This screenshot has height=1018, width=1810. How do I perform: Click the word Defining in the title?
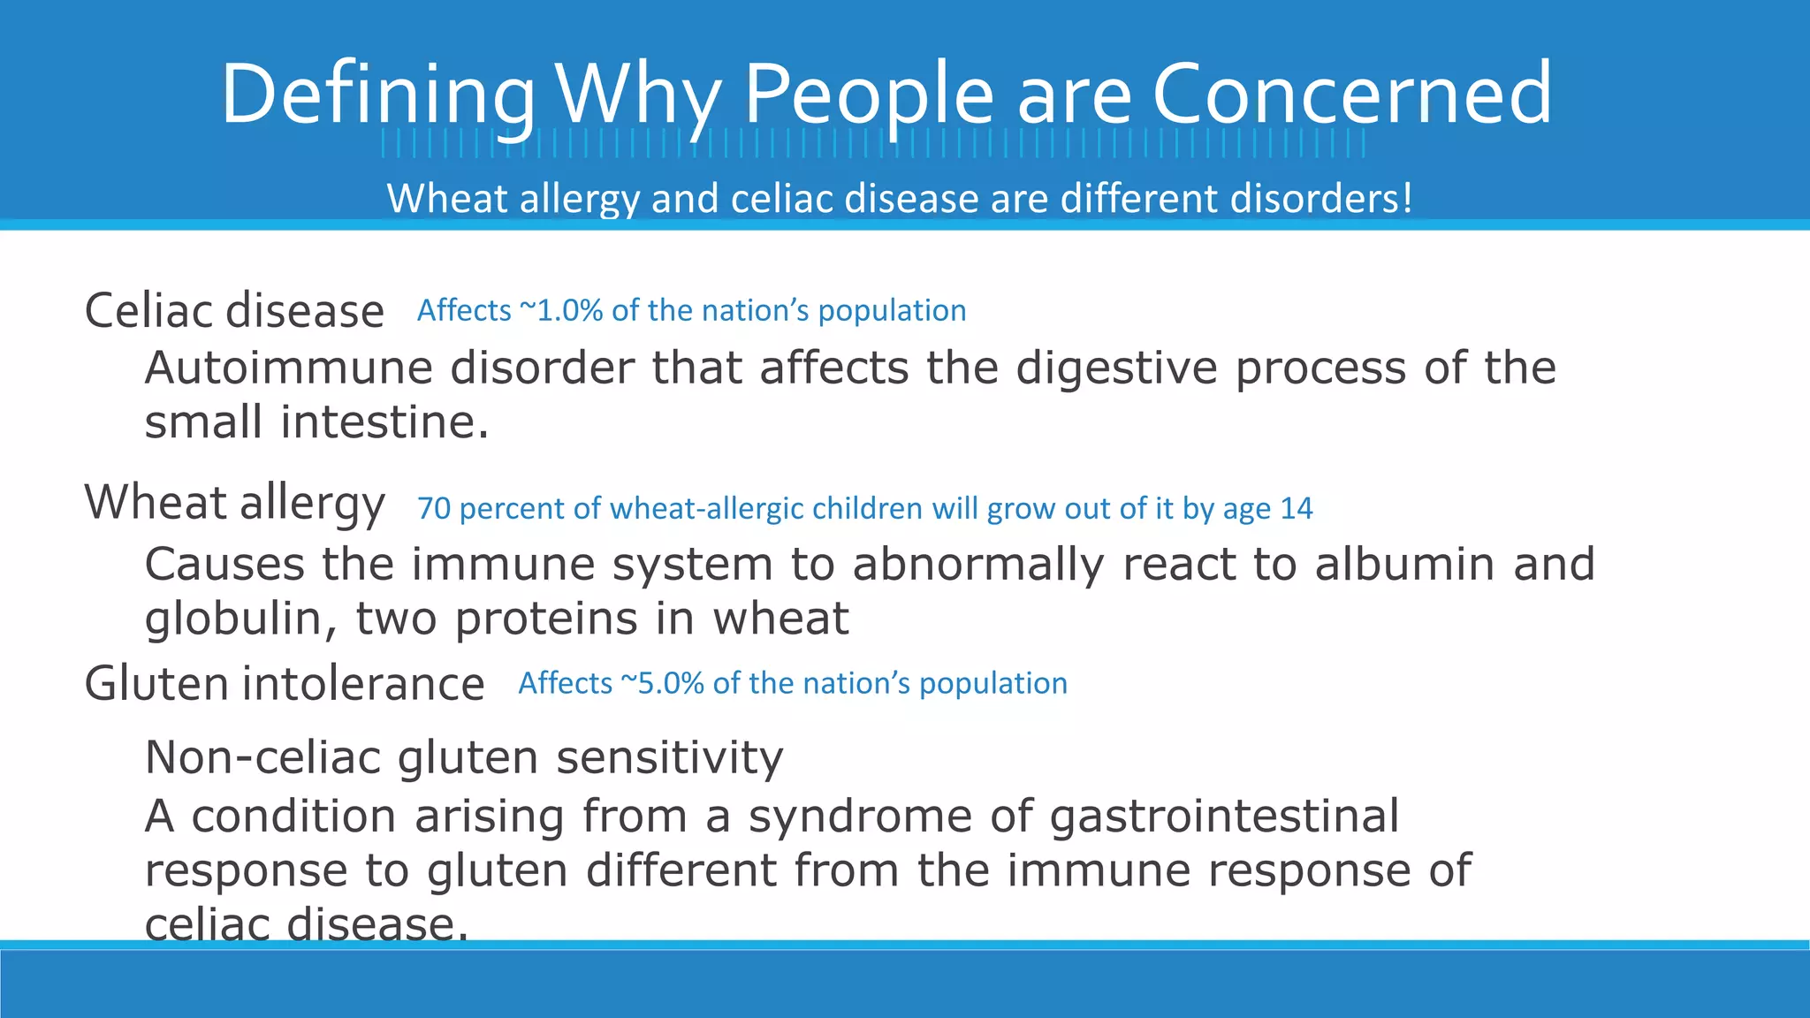point(378,94)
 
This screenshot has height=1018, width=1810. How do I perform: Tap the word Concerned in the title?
point(1351,94)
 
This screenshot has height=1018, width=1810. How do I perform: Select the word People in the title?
point(869,94)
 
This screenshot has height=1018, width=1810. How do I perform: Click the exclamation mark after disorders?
point(1407,198)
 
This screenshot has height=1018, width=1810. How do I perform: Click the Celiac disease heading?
point(234,311)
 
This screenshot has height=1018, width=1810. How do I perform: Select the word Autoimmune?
point(288,368)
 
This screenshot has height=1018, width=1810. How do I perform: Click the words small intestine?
point(316,422)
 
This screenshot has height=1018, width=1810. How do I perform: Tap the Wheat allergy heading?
point(234,503)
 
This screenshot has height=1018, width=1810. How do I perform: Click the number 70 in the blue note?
point(433,509)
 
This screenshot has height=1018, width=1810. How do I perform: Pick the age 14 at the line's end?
point(1296,509)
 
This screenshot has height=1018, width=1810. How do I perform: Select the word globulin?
point(233,619)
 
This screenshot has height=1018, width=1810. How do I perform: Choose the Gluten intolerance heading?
point(284,684)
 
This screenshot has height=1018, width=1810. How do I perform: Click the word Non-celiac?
point(262,758)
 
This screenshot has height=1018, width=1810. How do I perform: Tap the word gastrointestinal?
point(1224,816)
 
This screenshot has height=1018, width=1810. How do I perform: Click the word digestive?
point(1116,368)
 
